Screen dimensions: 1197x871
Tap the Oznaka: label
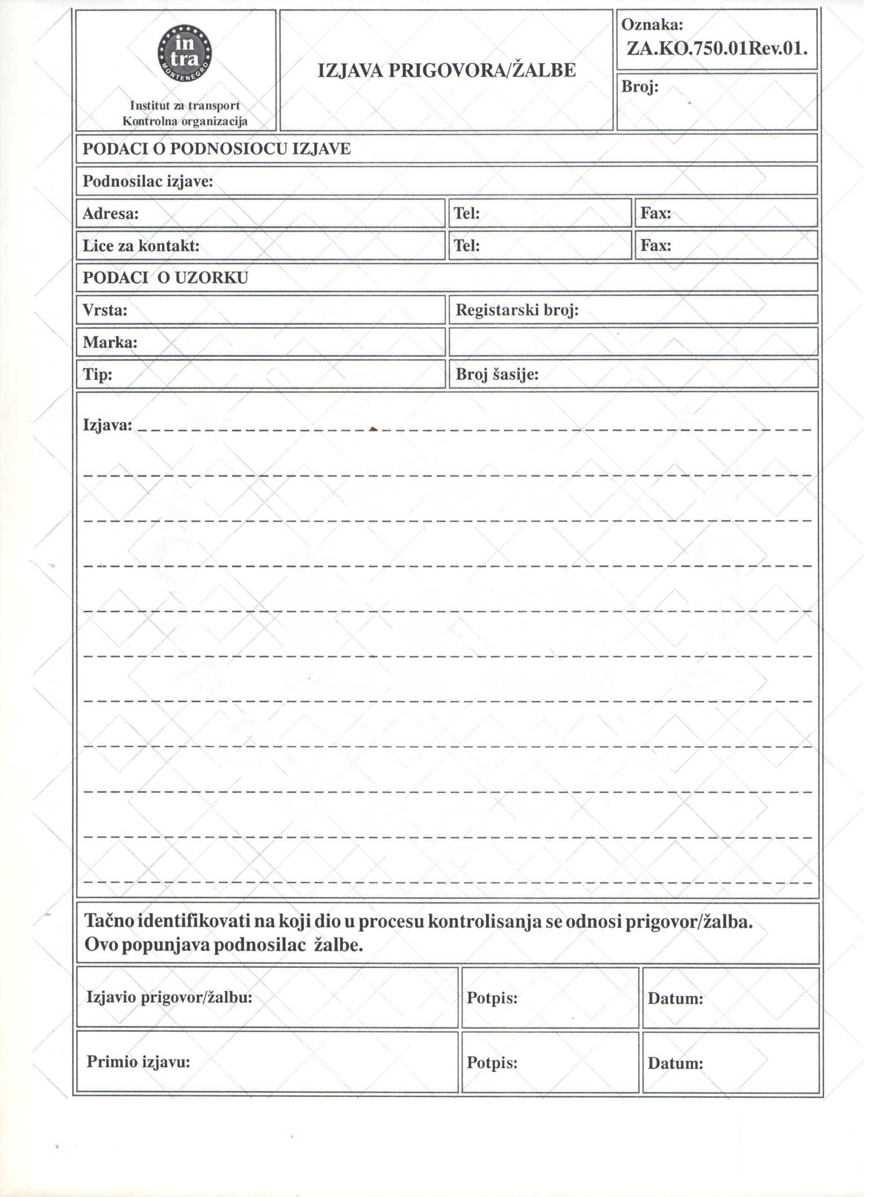tap(657, 24)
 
